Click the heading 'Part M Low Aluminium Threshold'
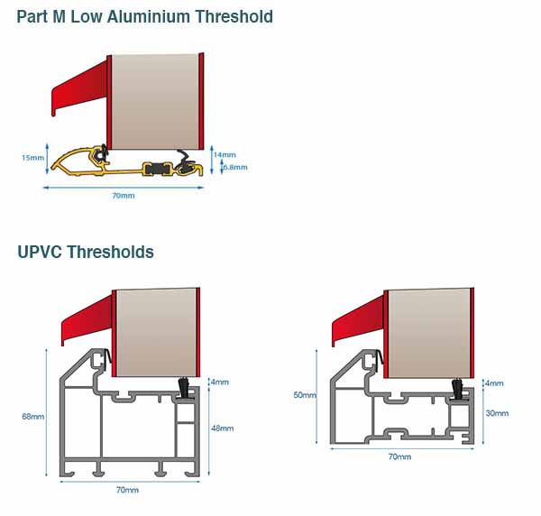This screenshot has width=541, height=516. (x=144, y=17)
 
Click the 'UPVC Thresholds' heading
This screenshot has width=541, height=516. (x=86, y=252)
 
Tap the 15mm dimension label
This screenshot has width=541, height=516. (x=32, y=158)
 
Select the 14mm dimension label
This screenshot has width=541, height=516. (x=224, y=154)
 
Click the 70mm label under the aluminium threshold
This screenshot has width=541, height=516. (x=124, y=196)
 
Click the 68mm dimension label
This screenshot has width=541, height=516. (x=32, y=417)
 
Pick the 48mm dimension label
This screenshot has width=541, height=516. (x=222, y=428)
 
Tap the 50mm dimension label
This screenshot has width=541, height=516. (x=305, y=395)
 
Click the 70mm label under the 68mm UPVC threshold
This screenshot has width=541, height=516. (x=128, y=490)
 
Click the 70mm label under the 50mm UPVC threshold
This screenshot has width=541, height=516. (x=399, y=457)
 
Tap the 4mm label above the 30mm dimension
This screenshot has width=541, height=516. (x=494, y=383)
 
